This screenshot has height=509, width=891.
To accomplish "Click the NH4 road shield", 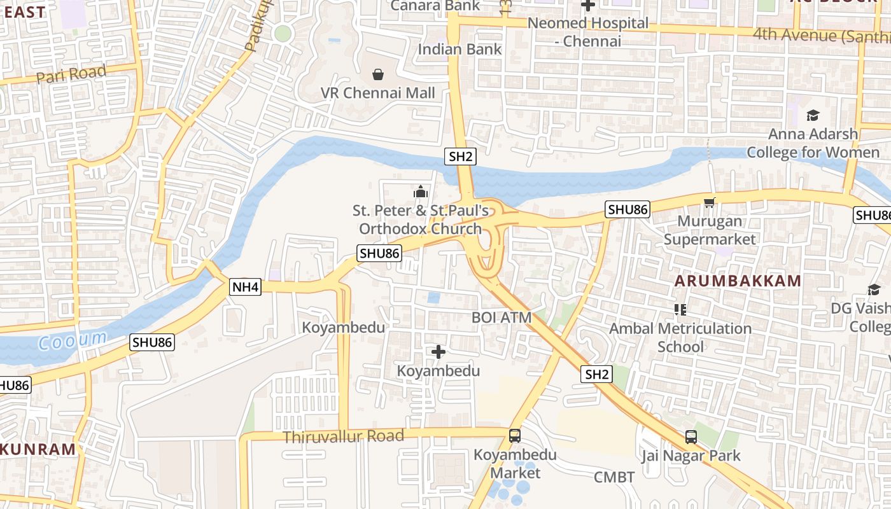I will (x=245, y=287).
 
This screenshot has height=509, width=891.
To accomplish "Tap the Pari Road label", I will (x=71, y=75).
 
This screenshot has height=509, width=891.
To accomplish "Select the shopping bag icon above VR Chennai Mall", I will (x=378, y=75).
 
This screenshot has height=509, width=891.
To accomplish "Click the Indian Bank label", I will (x=460, y=49).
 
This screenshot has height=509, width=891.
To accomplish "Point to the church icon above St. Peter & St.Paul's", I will (x=420, y=192).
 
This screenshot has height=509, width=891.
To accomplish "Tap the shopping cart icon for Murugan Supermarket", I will (x=710, y=203).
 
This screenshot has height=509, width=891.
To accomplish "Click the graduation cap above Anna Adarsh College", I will (x=813, y=116).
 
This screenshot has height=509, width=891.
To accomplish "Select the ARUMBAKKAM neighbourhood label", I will (x=738, y=281).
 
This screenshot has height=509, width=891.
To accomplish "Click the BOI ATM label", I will (x=502, y=317).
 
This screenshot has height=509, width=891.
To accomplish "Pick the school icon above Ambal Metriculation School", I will (x=680, y=310).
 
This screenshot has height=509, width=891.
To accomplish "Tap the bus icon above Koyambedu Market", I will (x=515, y=436).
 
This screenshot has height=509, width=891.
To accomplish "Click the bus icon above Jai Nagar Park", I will (x=691, y=437).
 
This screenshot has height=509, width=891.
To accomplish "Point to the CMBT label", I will (x=614, y=477).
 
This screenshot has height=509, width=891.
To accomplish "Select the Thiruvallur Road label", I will (x=343, y=436).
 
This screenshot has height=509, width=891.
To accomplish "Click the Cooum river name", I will (x=72, y=340).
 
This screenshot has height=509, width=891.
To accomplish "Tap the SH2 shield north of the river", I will (x=461, y=157).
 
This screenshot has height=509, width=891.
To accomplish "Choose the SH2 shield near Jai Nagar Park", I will (x=596, y=374).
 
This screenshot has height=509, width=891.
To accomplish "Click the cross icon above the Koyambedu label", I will (x=438, y=351).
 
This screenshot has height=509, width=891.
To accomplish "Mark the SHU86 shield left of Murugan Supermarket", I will (x=627, y=209).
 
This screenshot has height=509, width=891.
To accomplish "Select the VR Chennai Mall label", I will (x=378, y=93).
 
